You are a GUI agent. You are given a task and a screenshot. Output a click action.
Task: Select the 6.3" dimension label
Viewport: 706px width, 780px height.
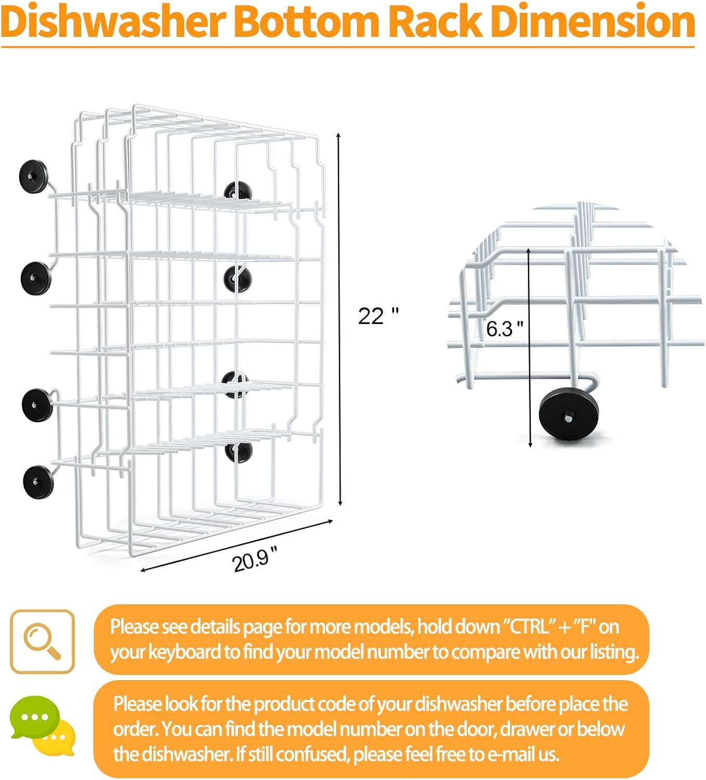coord(505,329)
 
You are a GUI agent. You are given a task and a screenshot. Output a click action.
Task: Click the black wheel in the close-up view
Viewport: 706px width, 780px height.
coord(569,414)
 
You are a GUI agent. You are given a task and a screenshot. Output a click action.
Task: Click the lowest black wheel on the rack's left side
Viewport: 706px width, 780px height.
coord(38,482)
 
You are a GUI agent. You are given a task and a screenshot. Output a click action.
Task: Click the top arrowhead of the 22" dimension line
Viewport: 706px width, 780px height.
coord(338,135)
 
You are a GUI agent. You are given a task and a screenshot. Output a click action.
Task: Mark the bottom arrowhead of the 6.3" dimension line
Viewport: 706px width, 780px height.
coord(530,445)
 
